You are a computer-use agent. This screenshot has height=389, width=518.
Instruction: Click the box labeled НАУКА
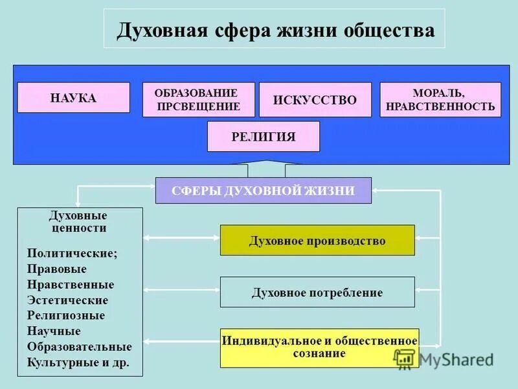click(73, 98)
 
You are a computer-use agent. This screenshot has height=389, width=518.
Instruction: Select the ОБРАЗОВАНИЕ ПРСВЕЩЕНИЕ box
click(199, 100)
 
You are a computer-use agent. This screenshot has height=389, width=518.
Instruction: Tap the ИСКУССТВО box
click(315, 100)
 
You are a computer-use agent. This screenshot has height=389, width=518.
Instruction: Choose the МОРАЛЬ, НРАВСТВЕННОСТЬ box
click(440, 100)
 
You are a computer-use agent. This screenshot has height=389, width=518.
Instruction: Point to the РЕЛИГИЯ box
click(264, 136)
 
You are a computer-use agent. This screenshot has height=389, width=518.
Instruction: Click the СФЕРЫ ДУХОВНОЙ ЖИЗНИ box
click(264, 191)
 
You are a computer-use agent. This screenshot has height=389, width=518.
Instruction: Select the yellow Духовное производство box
click(317, 241)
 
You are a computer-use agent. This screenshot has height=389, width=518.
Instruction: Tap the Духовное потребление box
click(317, 292)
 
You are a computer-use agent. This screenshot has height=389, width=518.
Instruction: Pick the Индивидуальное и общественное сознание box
click(319, 348)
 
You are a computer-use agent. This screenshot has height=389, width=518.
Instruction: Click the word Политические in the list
click(73, 253)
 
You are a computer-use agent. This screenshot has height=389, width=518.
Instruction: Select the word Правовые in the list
click(57, 268)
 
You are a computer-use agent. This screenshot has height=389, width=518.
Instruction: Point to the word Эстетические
click(68, 300)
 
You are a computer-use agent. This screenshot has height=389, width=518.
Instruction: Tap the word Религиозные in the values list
click(66, 316)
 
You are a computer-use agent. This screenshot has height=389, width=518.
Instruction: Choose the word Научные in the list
click(54, 331)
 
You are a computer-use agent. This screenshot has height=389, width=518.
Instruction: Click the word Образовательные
click(79, 347)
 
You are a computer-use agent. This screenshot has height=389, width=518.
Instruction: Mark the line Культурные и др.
click(78, 362)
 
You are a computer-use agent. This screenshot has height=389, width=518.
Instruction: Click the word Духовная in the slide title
click(162, 30)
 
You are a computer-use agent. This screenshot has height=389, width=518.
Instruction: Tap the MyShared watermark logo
click(444, 359)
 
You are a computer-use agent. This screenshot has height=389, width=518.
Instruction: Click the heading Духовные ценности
click(78, 222)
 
